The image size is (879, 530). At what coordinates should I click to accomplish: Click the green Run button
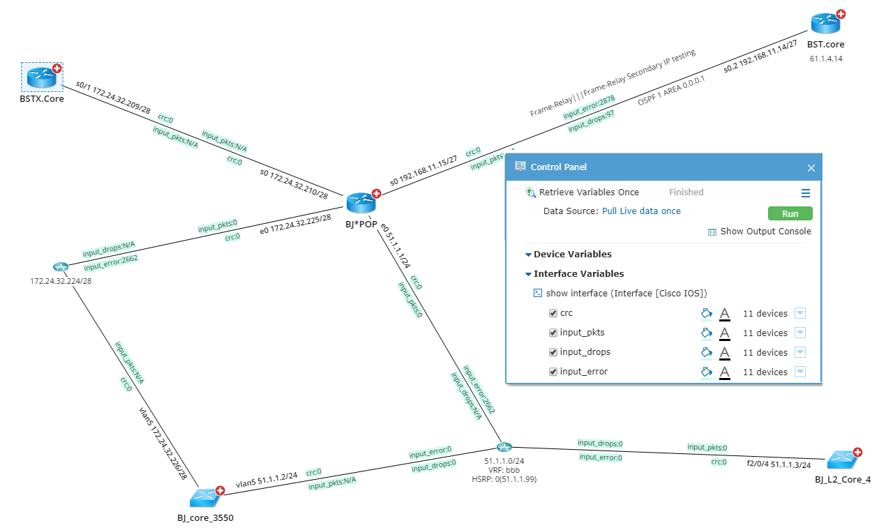click(790, 213)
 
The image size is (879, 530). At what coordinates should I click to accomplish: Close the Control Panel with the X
click(811, 167)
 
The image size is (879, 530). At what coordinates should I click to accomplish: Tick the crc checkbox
click(553, 313)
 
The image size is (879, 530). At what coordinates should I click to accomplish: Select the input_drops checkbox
click(553, 352)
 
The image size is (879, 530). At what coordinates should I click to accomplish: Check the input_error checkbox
click(553, 372)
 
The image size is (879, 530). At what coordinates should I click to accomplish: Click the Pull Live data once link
click(641, 211)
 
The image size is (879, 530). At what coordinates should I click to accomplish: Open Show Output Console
click(765, 232)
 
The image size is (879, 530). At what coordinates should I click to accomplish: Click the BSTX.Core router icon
click(41, 76)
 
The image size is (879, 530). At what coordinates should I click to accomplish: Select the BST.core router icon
click(825, 23)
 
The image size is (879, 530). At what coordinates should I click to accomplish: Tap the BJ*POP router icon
click(361, 203)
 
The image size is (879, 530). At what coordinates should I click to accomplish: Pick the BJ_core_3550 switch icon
click(204, 497)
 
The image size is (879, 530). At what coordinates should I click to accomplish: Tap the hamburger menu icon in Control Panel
click(805, 193)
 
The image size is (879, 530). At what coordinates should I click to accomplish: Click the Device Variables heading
click(572, 255)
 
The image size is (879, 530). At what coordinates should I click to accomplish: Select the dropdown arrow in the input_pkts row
click(799, 333)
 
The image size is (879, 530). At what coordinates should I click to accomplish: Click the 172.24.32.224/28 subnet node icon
click(61, 267)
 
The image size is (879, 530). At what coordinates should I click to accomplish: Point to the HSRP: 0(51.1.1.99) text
click(504, 479)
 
